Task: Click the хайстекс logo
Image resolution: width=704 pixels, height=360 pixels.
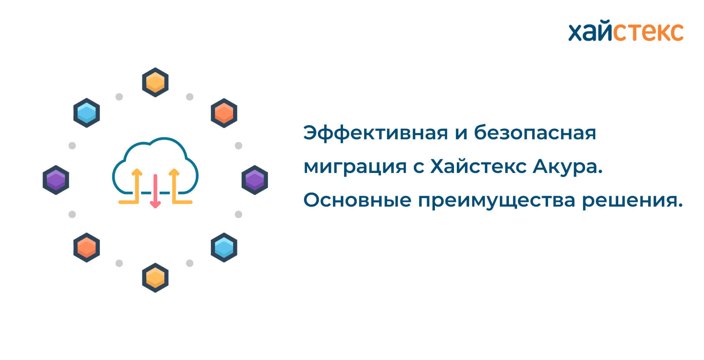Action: (626, 31)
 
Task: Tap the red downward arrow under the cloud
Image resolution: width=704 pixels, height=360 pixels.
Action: (155, 191)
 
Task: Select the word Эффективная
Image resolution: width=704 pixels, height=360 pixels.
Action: (375, 133)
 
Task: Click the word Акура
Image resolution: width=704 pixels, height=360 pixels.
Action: (568, 167)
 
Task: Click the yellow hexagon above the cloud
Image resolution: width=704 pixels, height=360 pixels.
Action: (155, 82)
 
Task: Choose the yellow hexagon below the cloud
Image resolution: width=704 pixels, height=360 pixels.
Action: (155, 278)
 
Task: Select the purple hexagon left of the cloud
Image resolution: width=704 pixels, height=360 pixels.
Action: (56, 180)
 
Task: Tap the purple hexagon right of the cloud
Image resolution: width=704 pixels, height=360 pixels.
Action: (255, 180)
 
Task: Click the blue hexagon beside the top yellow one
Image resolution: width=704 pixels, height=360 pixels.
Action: (86, 113)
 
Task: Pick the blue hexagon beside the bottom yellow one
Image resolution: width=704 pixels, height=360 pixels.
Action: (224, 247)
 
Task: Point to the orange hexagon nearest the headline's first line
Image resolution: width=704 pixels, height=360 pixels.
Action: (224, 113)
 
